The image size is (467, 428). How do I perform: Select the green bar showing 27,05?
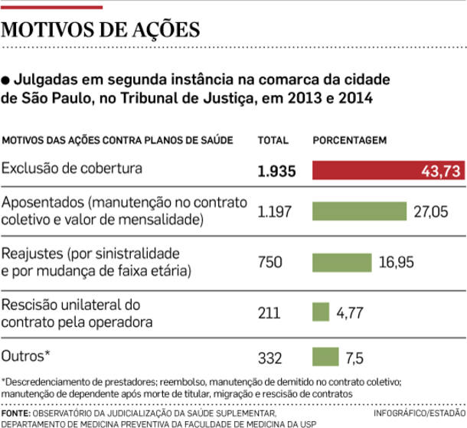[x=359, y=211]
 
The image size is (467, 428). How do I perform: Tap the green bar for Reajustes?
[x=341, y=262]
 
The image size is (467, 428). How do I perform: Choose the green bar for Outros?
[x=325, y=357]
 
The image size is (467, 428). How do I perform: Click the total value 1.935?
[x=276, y=172]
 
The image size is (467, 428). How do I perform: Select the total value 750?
[x=269, y=263]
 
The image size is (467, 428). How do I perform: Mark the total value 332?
[x=269, y=358]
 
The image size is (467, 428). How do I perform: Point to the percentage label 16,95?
[x=396, y=263]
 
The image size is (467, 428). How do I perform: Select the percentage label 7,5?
[x=354, y=358]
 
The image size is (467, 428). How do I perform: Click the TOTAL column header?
[x=273, y=141]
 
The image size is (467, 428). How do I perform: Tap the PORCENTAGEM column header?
[x=349, y=141]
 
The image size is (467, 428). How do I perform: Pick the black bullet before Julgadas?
[x=6, y=79]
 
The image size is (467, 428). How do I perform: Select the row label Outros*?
[x=26, y=357]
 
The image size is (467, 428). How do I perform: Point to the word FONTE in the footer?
[x=16, y=413]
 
